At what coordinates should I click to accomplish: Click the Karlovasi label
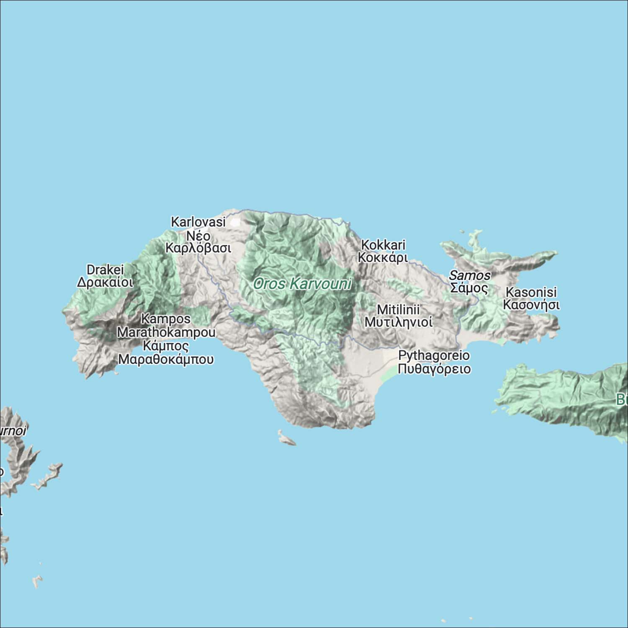(x=198, y=222)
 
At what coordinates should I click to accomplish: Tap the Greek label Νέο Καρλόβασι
(x=198, y=242)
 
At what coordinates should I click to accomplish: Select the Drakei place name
(x=105, y=270)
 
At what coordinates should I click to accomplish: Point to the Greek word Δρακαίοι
(x=105, y=282)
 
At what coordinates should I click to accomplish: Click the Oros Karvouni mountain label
(x=302, y=284)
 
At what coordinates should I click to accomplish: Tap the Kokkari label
(x=383, y=245)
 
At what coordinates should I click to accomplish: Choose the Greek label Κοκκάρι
(x=383, y=257)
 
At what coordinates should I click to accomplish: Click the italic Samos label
(x=469, y=275)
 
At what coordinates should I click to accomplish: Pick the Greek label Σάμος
(x=469, y=288)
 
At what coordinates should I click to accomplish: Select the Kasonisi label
(x=531, y=292)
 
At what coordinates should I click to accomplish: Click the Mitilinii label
(x=398, y=310)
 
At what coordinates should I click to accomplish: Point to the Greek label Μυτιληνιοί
(x=398, y=322)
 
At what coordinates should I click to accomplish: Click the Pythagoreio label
(x=434, y=355)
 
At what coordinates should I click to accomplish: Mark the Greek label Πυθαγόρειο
(x=434, y=369)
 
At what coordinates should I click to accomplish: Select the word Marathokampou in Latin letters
(x=166, y=332)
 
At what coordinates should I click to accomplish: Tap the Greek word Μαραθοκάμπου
(x=166, y=359)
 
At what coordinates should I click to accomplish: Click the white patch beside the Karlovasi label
(x=235, y=222)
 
